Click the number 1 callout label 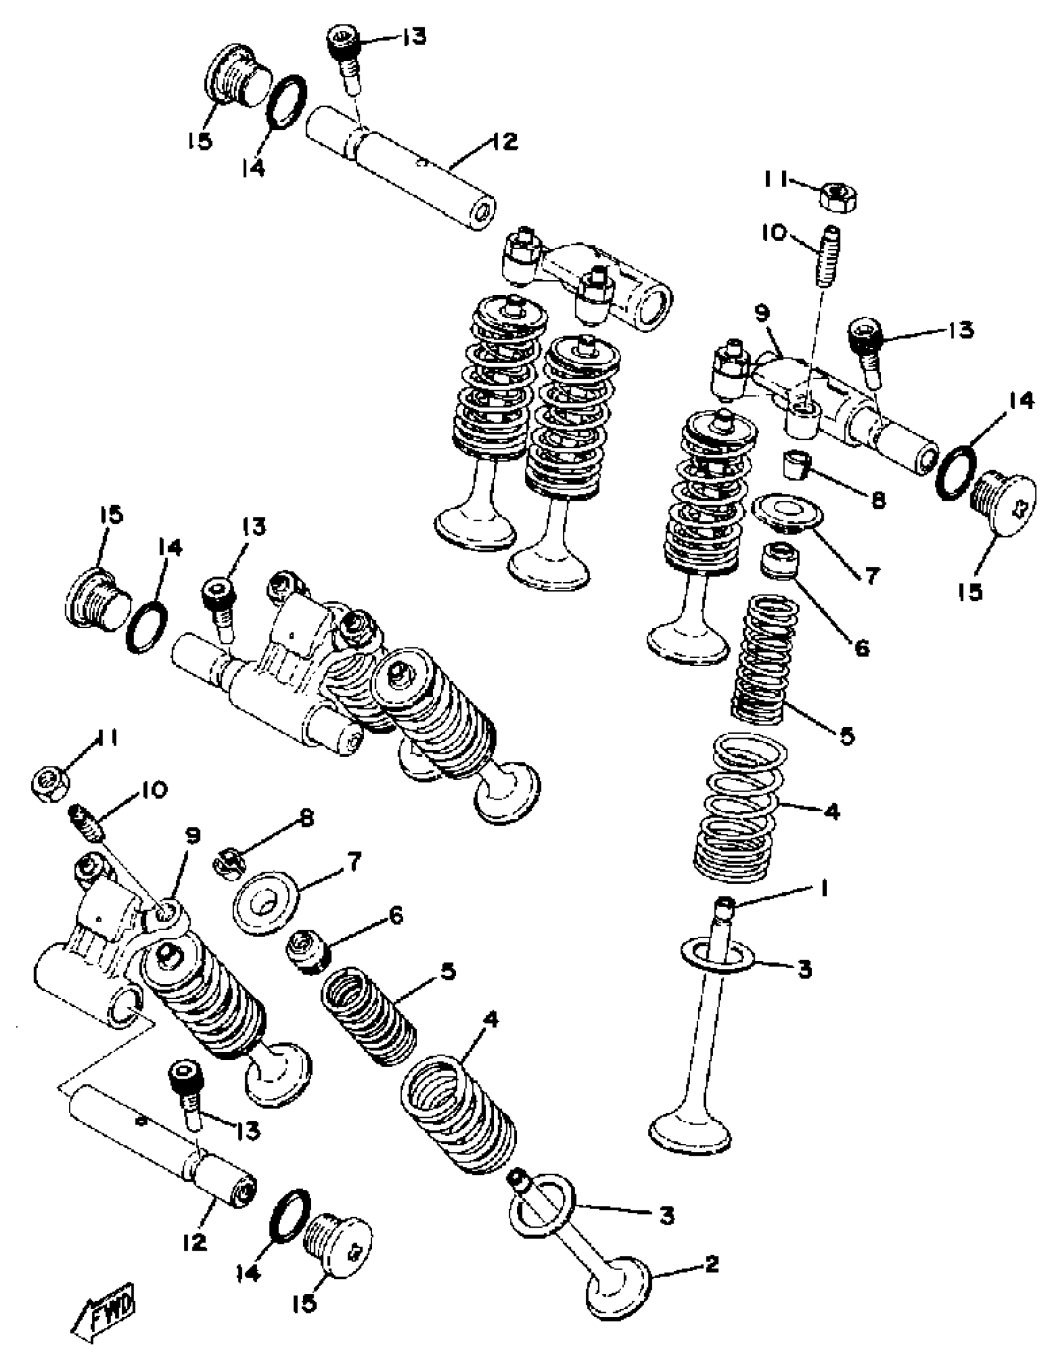[824, 888]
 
